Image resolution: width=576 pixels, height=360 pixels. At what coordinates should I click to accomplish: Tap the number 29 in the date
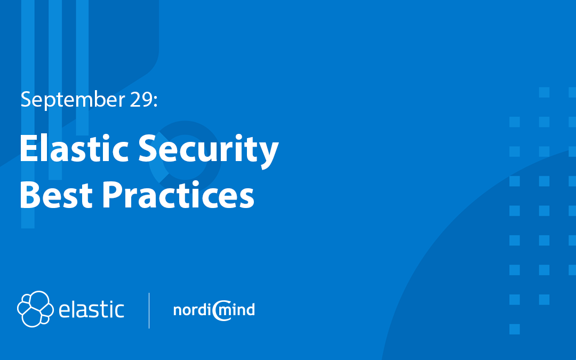pos(141,99)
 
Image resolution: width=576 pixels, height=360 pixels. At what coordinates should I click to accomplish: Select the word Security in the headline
pos(209,150)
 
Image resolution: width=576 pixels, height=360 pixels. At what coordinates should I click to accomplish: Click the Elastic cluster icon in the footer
pos(35,309)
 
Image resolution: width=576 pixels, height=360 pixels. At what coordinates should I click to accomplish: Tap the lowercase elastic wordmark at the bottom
pos(92,309)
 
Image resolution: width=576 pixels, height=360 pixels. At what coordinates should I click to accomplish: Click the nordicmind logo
pos(214,310)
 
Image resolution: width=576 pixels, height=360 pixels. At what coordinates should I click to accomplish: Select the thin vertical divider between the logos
pos(149,310)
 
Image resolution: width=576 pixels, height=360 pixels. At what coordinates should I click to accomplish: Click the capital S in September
pos(26,99)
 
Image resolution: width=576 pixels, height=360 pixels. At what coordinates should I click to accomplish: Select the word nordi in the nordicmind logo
pos(192,310)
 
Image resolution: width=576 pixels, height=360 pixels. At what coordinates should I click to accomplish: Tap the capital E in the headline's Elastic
pos(28,148)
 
